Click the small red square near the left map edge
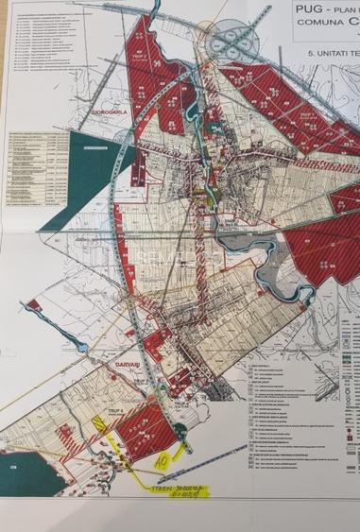[32, 304]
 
